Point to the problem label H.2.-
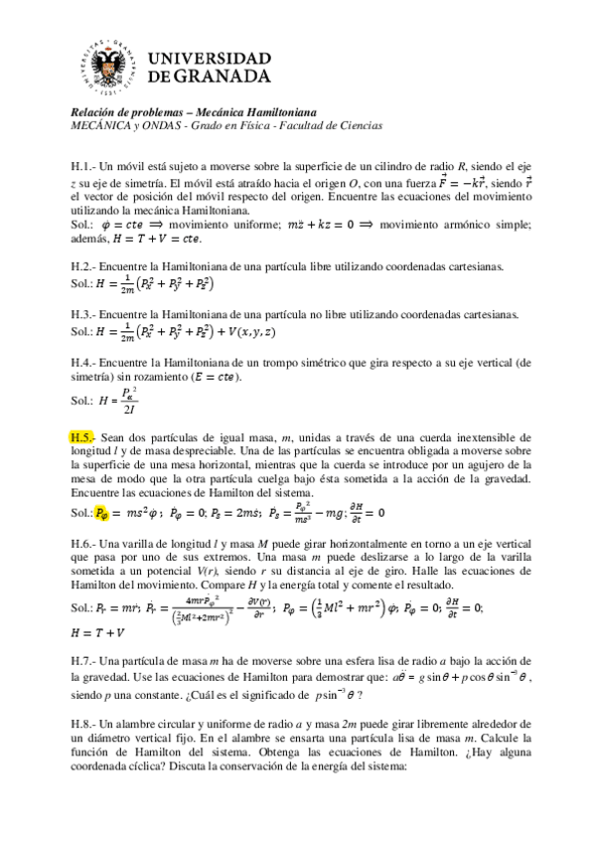[x=81, y=267]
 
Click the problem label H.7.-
[x=81, y=661]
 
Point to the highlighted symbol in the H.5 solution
[x=106, y=513]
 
